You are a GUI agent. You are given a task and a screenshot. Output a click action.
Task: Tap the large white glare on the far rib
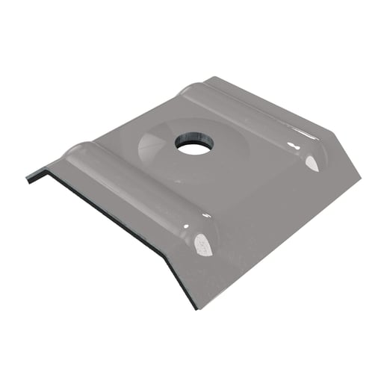coord(312,162)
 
